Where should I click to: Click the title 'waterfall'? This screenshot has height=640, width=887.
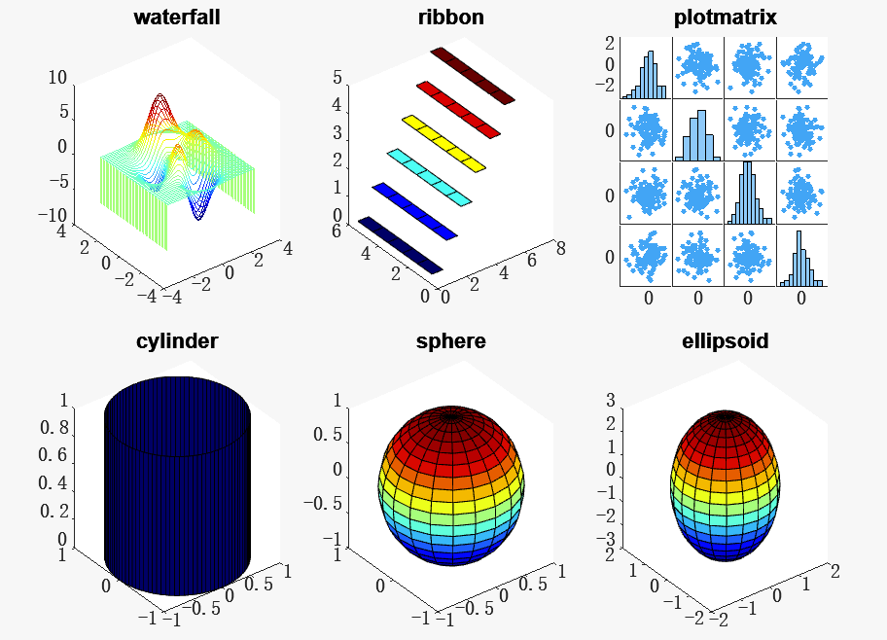(176, 18)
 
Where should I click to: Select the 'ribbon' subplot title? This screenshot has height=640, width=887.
(450, 18)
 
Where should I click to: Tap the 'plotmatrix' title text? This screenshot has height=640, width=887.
(725, 18)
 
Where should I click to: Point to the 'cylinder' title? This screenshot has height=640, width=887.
(176, 340)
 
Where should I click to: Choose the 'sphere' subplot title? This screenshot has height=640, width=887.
(450, 340)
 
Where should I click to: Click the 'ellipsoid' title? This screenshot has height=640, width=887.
(725, 340)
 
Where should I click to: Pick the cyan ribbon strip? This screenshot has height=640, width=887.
(429, 177)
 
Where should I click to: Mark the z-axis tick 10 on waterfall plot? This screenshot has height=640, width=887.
(57, 79)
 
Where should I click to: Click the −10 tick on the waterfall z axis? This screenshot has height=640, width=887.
(51, 216)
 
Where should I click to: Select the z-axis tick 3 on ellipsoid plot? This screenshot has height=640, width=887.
(612, 401)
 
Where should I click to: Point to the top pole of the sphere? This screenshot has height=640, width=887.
(450, 415)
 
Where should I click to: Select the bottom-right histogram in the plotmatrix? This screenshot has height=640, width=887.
(802, 259)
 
